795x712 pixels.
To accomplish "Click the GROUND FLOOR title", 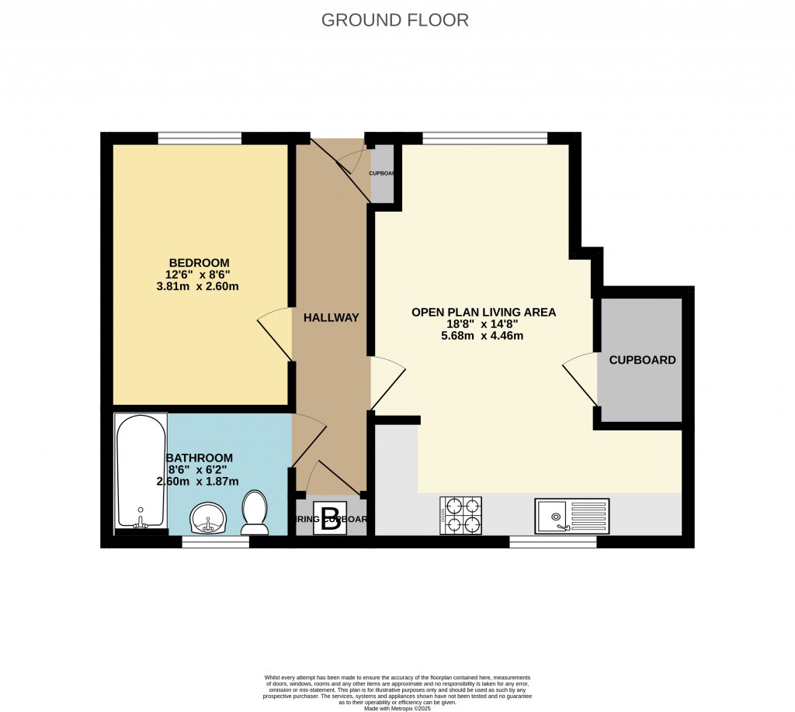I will click(395, 20).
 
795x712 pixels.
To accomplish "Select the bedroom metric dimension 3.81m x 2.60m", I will click(197, 286).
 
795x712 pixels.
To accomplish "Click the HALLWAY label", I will click(331, 317).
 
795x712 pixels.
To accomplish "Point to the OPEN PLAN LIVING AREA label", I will click(484, 313).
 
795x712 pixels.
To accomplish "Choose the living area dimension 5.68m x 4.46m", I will click(484, 336).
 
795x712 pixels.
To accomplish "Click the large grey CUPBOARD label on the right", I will click(642, 360).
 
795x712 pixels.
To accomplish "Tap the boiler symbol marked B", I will click(331, 520).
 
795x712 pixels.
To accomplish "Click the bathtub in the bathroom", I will click(141, 472).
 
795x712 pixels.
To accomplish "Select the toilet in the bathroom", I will click(254, 513).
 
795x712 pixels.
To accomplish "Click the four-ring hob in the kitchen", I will click(461, 516).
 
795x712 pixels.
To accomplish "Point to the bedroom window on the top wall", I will click(200, 138).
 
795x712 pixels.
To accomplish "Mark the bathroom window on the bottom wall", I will click(216, 542).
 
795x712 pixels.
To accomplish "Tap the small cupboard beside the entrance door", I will click(380, 174).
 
